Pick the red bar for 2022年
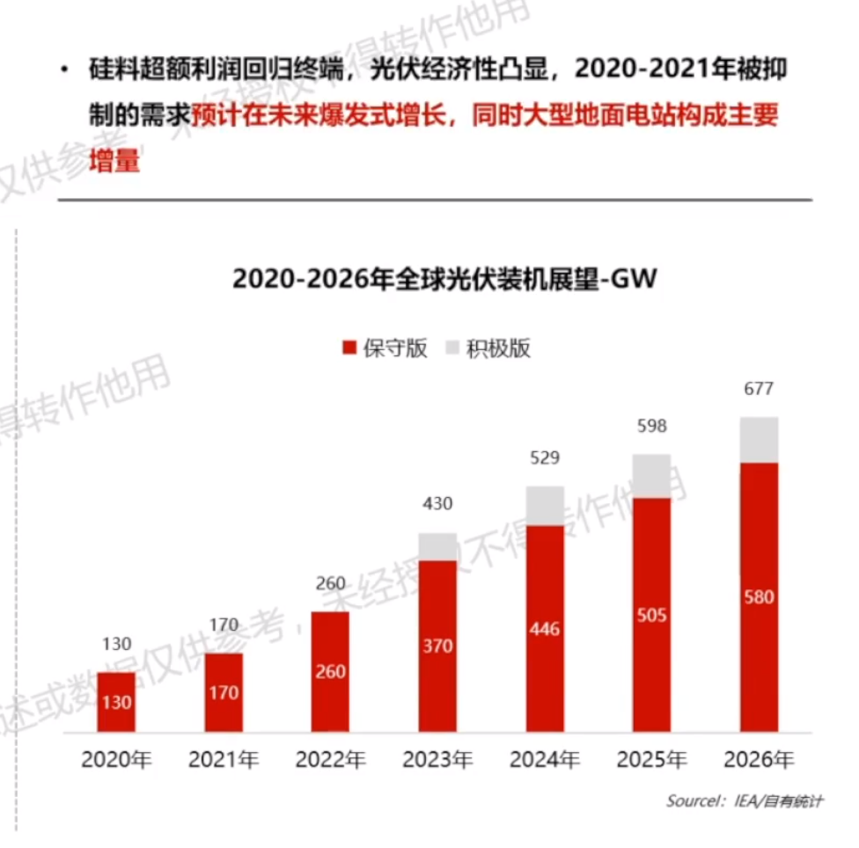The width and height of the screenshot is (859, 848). [x=330, y=671]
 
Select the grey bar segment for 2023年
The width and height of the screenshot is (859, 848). [x=437, y=546]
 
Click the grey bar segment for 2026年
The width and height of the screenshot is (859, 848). [x=759, y=440]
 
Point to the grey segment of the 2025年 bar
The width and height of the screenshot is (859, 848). [x=651, y=476]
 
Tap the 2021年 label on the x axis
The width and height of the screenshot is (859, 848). [x=224, y=760]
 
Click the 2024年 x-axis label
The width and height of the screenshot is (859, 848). [x=545, y=760]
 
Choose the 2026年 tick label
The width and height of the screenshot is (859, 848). [x=759, y=760]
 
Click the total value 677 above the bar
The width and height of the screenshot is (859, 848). [x=758, y=390]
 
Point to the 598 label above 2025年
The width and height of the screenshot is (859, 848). [x=651, y=427]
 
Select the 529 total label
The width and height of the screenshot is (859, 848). [x=544, y=458]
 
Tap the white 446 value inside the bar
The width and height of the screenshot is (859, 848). [x=544, y=629]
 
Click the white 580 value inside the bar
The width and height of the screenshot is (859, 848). [x=758, y=597]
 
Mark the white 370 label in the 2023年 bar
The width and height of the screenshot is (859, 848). [x=437, y=647]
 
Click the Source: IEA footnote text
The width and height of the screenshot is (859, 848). [x=744, y=801]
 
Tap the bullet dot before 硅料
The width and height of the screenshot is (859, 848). [x=64, y=70]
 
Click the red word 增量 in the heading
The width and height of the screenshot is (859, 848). [x=115, y=163]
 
